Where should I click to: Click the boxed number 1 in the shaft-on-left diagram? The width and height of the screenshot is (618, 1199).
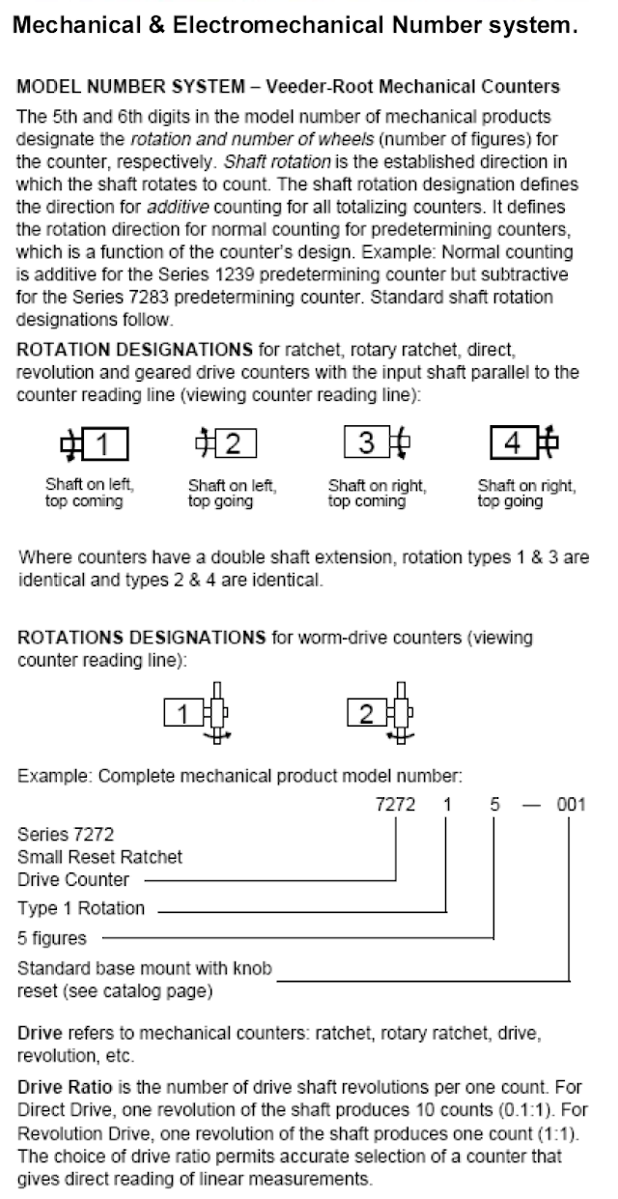pos(96,443)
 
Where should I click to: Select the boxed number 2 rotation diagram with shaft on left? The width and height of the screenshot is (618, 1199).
pos(226,443)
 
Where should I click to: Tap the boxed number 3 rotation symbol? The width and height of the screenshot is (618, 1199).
pos(377,442)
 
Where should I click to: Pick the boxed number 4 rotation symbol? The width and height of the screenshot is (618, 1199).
pos(524,442)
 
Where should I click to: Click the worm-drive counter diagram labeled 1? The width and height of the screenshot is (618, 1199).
pos(197,713)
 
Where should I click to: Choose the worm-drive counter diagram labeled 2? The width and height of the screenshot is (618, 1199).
pos(380,713)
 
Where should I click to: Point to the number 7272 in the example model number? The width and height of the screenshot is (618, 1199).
pos(395,804)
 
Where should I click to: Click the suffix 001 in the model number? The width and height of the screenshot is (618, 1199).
pos(571,804)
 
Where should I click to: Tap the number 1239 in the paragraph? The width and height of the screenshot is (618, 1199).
pos(235,274)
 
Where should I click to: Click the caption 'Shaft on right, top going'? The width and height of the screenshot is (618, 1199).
pos(526,493)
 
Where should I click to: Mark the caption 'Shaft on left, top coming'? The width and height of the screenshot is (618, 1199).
pos(90,493)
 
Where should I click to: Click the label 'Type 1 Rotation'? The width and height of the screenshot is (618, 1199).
pos(81,908)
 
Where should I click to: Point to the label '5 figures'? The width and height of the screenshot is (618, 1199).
pos(52,938)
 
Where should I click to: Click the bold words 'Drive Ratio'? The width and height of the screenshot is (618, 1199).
pos(65,1087)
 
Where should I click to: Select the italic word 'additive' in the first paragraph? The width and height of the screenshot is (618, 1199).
pos(178,207)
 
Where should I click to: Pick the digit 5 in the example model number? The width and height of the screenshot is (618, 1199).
pos(495,804)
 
